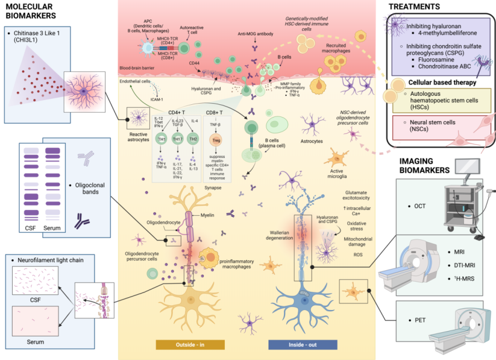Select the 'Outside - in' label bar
click(x=190, y=344)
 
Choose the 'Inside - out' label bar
click(x=301, y=344)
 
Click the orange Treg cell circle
click(x=216, y=139)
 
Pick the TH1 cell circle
click(x=162, y=139)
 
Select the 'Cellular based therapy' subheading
click(x=439, y=83)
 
